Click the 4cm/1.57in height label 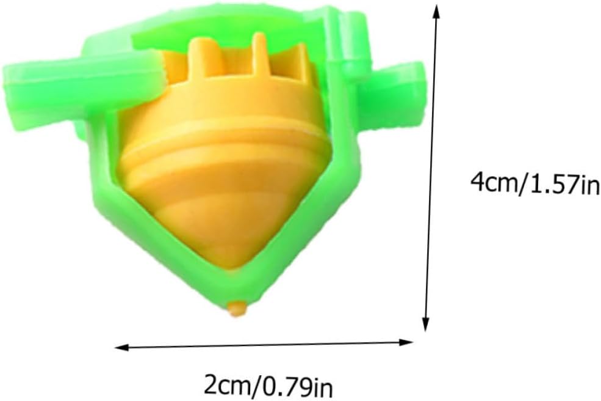[x=536, y=183]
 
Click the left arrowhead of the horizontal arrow [x=122, y=348]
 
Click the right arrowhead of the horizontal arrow [x=406, y=342]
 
